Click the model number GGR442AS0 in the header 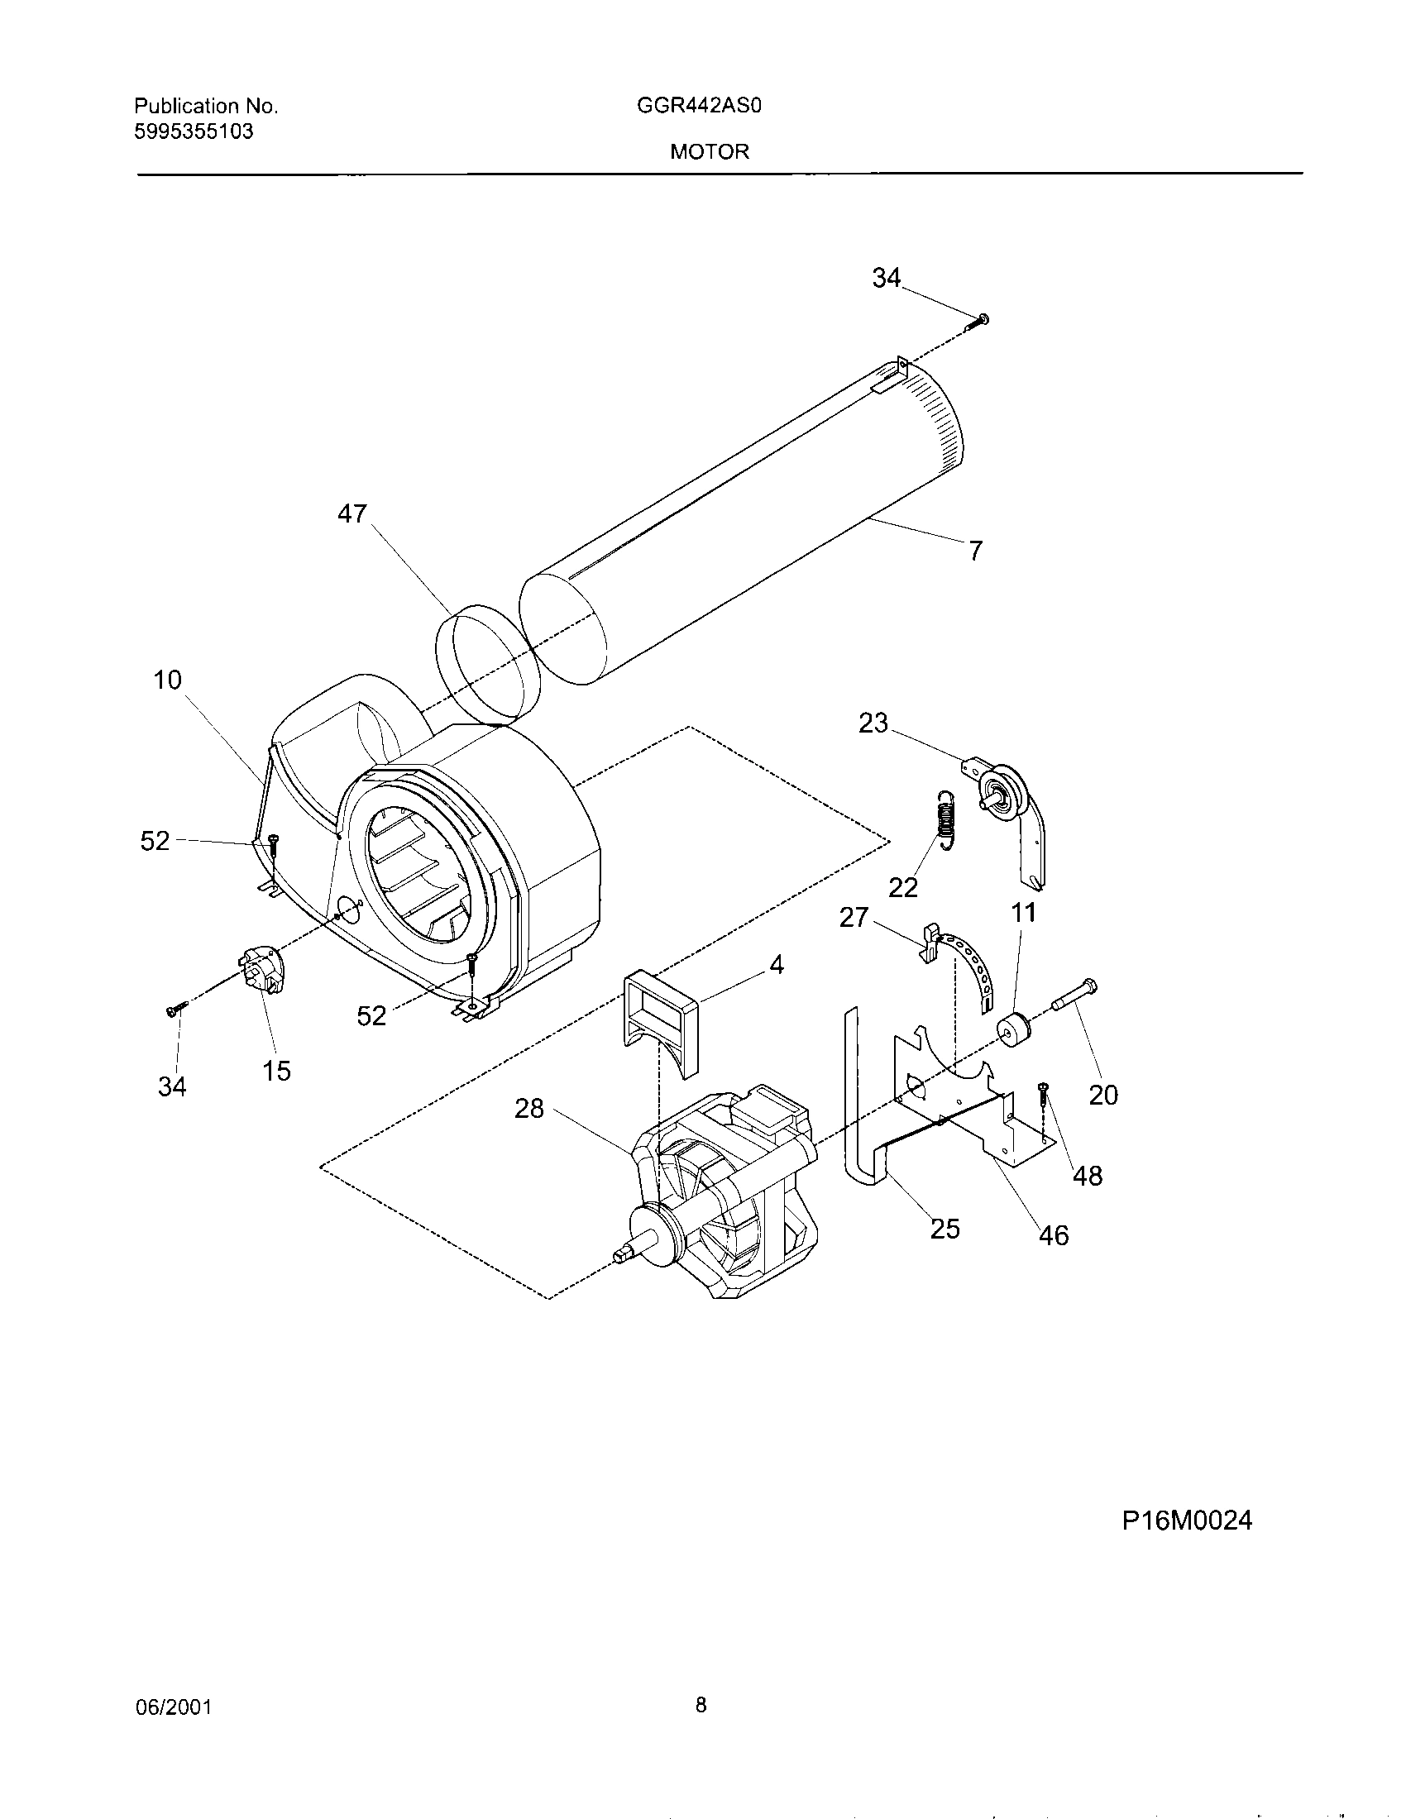coord(700,107)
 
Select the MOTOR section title coord(710,151)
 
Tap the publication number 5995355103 coord(194,131)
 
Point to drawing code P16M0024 coord(1186,1521)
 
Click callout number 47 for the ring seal coord(351,514)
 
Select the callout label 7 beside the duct coord(975,550)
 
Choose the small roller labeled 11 coord(1013,1031)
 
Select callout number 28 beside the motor coord(529,1109)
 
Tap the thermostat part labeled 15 coord(262,970)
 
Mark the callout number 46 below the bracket coord(1053,1235)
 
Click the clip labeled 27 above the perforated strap coord(930,940)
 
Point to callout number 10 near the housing coord(167,680)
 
